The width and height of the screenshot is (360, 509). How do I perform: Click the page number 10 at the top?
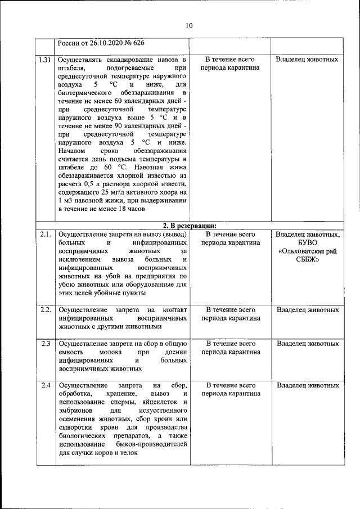pos(188,25)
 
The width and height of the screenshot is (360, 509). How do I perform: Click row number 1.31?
pos(46,59)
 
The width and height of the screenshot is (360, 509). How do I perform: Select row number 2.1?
pos(46,233)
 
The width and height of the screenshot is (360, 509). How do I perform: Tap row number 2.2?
pos(46,310)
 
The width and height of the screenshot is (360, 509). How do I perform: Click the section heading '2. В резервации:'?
pos(188,224)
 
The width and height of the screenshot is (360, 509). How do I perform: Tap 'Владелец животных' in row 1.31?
pos(307,59)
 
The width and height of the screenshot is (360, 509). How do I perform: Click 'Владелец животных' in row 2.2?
pos(307,310)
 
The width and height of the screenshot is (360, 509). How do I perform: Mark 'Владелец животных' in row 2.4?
pos(307,385)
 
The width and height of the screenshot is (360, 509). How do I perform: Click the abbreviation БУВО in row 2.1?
pos(307,242)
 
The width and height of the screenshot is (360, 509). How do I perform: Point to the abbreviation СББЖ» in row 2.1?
pos(307,260)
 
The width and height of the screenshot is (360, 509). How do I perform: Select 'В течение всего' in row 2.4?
pos(230,385)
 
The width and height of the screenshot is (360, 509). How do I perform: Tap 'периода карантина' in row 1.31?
pos(230,68)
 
